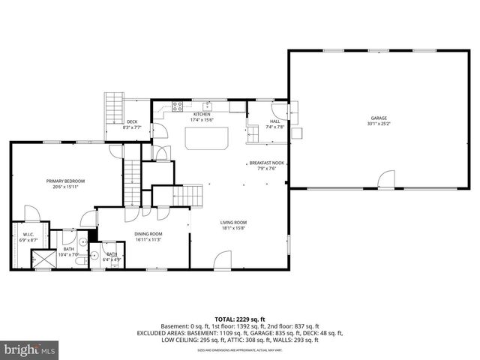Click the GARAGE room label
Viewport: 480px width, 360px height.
(378, 118)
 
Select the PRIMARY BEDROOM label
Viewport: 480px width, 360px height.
(65, 181)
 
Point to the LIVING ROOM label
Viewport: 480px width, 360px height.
(233, 222)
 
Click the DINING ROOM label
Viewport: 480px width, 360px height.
(148, 234)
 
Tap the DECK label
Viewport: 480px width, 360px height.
(132, 121)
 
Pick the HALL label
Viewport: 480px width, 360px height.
(274, 121)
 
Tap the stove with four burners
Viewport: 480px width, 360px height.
(178, 106)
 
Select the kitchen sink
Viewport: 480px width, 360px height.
(212, 106)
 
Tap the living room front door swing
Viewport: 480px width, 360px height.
(223, 261)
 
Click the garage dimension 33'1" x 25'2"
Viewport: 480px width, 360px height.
(378, 124)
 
